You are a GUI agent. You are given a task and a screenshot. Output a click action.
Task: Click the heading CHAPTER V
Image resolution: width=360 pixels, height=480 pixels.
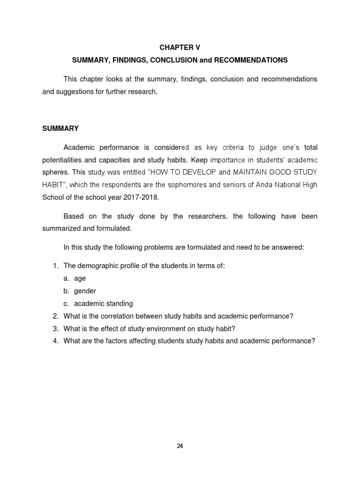(x=180, y=48)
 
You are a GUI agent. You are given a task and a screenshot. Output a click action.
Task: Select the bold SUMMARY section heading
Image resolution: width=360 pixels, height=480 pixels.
(x=60, y=128)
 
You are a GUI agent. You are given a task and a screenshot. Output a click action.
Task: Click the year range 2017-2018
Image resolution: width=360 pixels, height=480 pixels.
(x=140, y=197)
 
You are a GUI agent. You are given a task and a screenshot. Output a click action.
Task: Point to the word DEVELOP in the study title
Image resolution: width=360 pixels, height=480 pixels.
(x=197, y=172)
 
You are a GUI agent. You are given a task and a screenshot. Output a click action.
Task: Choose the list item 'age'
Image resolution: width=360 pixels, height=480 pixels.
(x=80, y=278)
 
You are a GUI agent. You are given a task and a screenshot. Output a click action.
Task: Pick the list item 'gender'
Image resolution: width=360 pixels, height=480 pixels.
(x=85, y=291)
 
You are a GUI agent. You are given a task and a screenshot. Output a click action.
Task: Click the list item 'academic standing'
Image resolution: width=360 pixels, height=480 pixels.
(x=103, y=304)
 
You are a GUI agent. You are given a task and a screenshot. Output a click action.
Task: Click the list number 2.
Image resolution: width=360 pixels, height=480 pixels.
(x=55, y=316)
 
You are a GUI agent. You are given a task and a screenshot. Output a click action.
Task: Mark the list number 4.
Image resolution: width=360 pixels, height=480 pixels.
(x=55, y=341)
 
